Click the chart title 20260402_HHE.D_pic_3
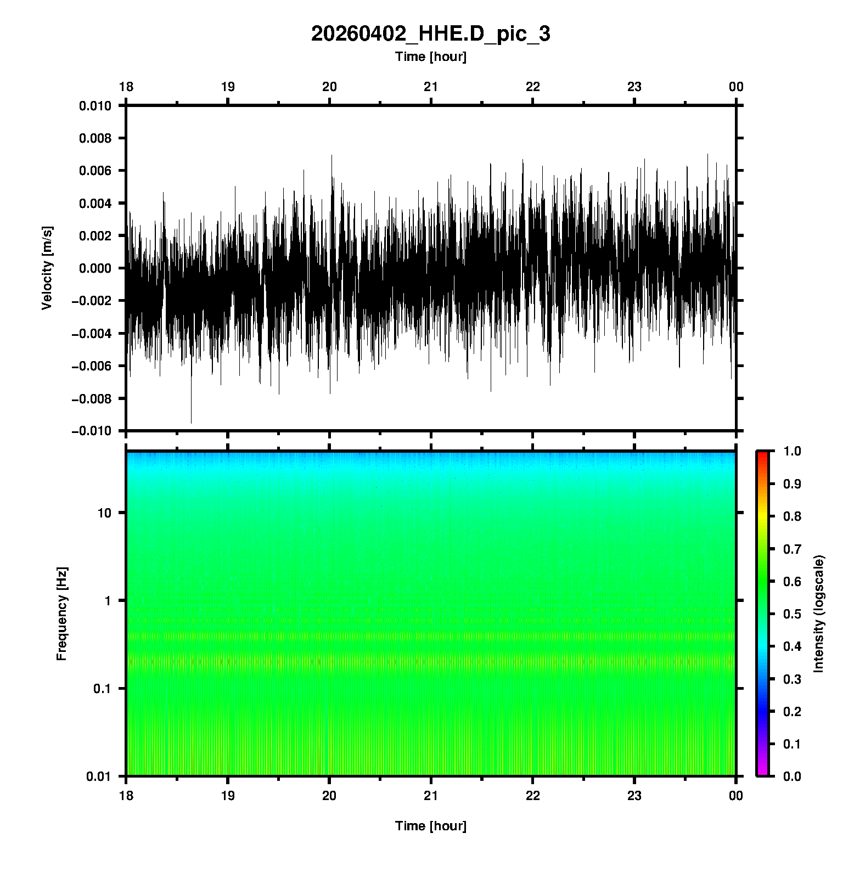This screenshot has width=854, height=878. pos(430,34)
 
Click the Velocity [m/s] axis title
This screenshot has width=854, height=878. pos(47,268)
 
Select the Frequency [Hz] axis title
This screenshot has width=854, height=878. pos(61,614)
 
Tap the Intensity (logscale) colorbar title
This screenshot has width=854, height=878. pos(819,614)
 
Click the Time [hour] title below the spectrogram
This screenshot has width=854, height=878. pos(430,826)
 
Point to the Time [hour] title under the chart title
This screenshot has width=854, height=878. pos(430,57)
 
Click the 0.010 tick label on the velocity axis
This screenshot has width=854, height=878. pos(95,106)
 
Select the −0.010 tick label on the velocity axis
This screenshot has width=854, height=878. pos(92,431)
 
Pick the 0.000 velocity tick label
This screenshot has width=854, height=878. pos(95,268)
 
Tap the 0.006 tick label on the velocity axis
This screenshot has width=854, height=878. pos(95,171)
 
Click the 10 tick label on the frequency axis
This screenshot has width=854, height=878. pos(104,513)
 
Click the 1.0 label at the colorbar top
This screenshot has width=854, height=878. pos(792,451)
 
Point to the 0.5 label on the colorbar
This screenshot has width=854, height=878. pos(792,614)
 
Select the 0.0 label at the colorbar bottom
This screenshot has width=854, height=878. pos(792,776)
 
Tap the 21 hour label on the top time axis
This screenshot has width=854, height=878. pos(431,87)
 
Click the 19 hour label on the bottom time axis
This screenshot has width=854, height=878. pos(228,796)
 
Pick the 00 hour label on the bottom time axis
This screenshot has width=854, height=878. pos(736,796)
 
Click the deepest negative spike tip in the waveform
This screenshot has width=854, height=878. pos(191,423)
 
